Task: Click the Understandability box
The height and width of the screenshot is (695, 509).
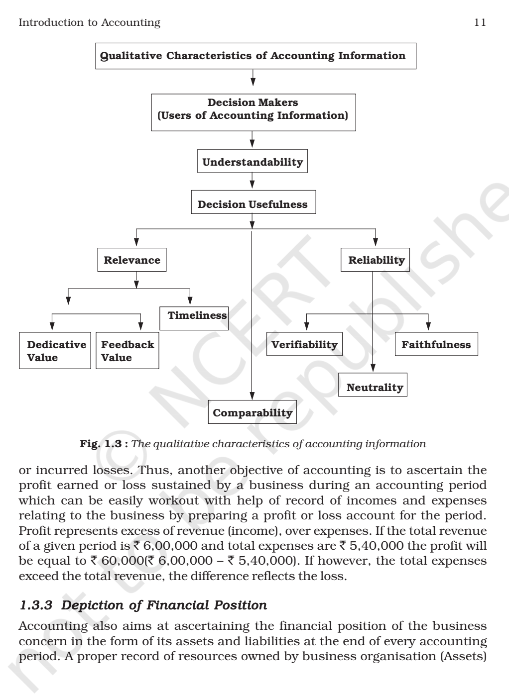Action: click(x=253, y=162)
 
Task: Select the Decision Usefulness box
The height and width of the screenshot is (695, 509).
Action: click(x=253, y=204)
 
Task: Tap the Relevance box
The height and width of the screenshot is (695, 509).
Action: click(x=131, y=260)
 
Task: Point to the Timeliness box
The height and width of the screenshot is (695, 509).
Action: click(x=195, y=316)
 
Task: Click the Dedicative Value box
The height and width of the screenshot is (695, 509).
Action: click(x=55, y=351)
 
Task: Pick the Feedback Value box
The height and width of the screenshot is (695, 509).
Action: click(x=127, y=351)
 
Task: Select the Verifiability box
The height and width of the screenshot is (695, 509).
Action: click(x=304, y=345)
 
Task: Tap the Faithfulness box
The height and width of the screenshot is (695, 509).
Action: click(x=436, y=345)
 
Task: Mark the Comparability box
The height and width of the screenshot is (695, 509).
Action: click(x=252, y=412)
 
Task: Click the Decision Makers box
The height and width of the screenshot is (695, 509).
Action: click(x=253, y=109)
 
